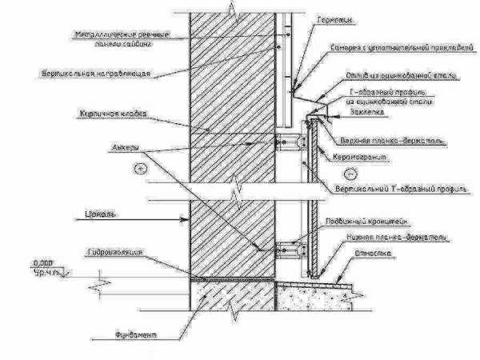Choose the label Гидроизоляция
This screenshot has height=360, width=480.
point(115,251)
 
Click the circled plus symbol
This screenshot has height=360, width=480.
point(140,169)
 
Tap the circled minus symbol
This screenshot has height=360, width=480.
point(347,173)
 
